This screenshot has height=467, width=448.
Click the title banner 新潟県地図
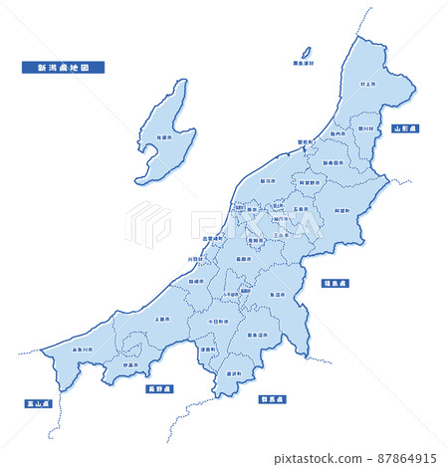click(x=64, y=68)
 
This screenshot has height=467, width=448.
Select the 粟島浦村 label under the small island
click(x=303, y=63)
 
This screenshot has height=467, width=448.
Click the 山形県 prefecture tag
click(x=405, y=129)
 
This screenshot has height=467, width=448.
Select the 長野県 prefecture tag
click(x=159, y=388)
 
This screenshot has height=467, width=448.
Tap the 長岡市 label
click(x=244, y=260)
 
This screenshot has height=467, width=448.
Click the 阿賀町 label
click(x=340, y=211)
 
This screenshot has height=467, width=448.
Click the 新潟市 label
click(x=268, y=181)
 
